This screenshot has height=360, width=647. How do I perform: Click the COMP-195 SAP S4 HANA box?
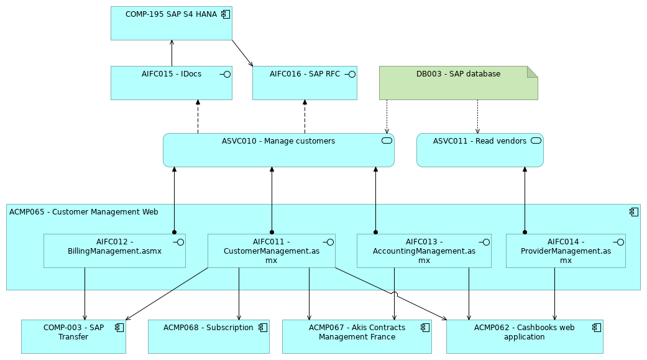tap(171, 24)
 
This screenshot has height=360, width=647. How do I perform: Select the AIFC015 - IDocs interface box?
tap(171, 83)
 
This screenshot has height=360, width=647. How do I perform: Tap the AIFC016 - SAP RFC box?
tap(305, 83)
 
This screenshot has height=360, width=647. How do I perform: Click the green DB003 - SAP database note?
tap(458, 83)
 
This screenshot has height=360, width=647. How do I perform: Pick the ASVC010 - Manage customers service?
tap(278, 150)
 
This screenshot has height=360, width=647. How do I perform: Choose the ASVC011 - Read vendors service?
tap(480, 150)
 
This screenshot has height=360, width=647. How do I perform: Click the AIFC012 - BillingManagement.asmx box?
tap(114, 251)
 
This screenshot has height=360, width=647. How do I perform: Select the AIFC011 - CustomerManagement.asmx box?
tap(271, 251)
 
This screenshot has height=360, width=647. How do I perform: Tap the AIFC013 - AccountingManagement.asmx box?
tap(424, 251)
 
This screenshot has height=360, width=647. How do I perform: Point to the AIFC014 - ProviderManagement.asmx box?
tap(566, 251)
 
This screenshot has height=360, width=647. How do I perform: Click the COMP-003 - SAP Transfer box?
tap(73, 336)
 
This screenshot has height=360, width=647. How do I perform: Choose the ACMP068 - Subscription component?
tap(208, 336)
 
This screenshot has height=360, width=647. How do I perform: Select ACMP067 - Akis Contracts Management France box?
tap(357, 336)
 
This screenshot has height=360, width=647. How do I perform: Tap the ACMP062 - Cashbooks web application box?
tap(525, 336)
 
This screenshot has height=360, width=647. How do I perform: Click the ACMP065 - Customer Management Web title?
tap(84, 212)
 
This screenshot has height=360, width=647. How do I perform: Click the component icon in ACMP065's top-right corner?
tap(633, 212)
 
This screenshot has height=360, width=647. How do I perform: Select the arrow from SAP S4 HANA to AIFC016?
tap(242, 53)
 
